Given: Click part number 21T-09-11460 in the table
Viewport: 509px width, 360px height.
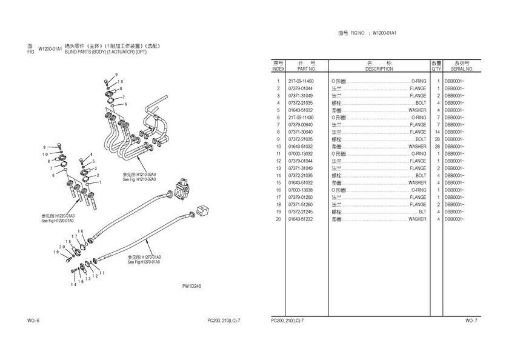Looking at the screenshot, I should point(301,81).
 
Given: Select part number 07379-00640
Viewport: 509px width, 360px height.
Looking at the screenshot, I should point(301,124).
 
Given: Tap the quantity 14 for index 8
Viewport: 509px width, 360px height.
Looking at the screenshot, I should point(436,132).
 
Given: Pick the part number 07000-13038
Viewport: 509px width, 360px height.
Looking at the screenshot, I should point(301,190).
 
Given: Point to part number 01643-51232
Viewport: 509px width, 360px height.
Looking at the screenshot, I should point(301,219).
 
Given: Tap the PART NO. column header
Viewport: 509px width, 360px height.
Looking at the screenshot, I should point(301,69).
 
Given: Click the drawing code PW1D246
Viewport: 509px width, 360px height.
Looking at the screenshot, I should point(191,286).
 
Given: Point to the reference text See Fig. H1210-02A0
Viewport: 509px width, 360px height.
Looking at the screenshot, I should point(139,179).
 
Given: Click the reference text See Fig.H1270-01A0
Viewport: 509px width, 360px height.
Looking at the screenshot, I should point(144,262).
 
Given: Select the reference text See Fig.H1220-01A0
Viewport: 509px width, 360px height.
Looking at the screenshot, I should point(58,221).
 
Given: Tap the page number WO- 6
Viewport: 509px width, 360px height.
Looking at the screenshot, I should point(34,319).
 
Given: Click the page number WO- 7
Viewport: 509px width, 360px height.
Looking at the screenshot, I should point(471,319).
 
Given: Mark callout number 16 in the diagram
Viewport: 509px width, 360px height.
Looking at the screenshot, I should point(80,231).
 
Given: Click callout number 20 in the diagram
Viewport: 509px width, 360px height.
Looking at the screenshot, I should point(62,247).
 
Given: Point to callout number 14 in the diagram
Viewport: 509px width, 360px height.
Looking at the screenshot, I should point(73,284).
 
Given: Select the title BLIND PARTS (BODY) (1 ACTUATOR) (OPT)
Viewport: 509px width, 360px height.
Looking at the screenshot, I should point(105,52).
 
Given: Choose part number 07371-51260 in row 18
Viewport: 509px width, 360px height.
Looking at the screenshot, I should point(301,204).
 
